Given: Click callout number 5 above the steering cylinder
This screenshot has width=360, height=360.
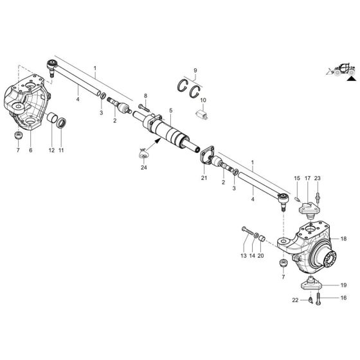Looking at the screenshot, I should click(170, 111).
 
